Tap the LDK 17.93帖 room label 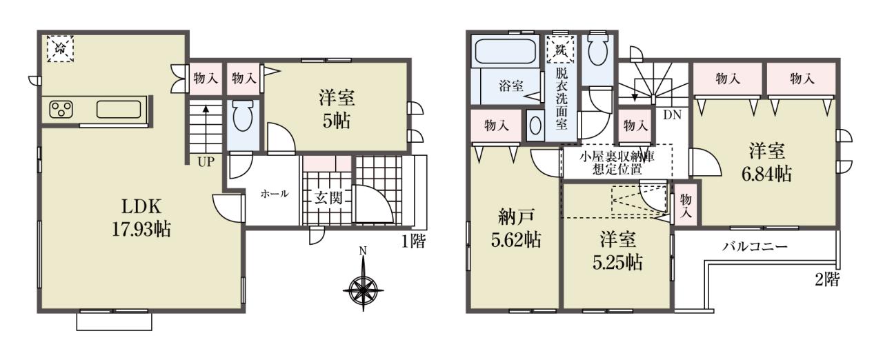[x=141, y=217]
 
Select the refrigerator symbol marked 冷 [x=60, y=49]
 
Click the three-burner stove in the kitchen [x=61, y=110]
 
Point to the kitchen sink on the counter [x=119, y=110]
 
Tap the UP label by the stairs [x=206, y=161]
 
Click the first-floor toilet [x=242, y=115]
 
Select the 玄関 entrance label [x=328, y=197]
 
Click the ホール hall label [x=275, y=194]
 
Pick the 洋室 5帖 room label [x=337, y=110]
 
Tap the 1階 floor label [x=413, y=241]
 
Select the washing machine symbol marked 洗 [x=561, y=49]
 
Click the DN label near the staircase [x=672, y=115]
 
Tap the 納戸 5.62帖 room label [x=515, y=228]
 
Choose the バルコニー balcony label [x=755, y=247]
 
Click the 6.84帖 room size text [x=766, y=174]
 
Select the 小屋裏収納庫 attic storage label [x=617, y=157]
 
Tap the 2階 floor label [x=827, y=279]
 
